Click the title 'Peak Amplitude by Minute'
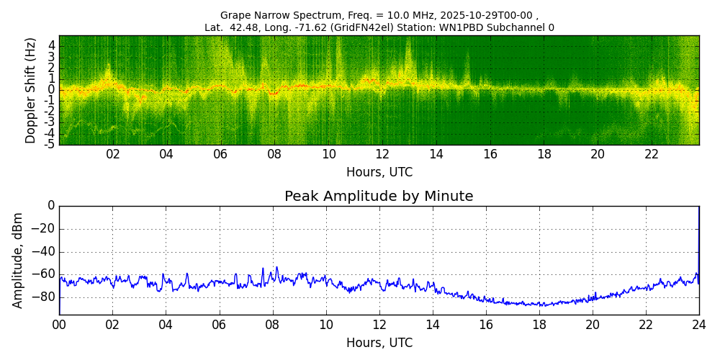pyautogui.click(x=379, y=197)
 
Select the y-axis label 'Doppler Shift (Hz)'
pyautogui.click(x=31, y=91)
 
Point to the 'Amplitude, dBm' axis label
pyautogui.click(x=19, y=260)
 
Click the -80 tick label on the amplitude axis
pyautogui.click(x=45, y=297)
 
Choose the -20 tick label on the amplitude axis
pyautogui.click(x=45, y=229)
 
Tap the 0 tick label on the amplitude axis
pyautogui.click(x=50, y=206)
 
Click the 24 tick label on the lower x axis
pyautogui.click(x=699, y=325)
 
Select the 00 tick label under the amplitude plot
pyautogui.click(x=59, y=325)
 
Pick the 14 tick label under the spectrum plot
pyautogui.click(x=436, y=155)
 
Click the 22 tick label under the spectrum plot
pyautogui.click(x=652, y=155)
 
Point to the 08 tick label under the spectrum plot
pyautogui.click(x=274, y=155)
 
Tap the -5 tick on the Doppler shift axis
pyautogui.click(x=50, y=144)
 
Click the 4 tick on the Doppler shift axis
pyautogui.click(x=52, y=45)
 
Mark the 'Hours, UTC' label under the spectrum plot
pyautogui.click(x=379, y=173)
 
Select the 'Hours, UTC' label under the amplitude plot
pyautogui.click(x=379, y=343)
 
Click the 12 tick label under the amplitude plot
pyautogui.click(x=379, y=325)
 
